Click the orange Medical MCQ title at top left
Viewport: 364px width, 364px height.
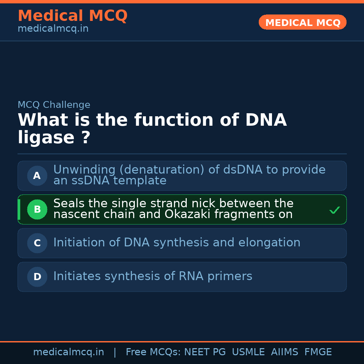tap(72, 16)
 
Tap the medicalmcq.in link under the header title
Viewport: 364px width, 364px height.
tap(53, 29)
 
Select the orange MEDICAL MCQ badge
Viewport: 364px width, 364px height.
tap(302, 22)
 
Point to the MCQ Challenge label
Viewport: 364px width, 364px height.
tap(54, 105)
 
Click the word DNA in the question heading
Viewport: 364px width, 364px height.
tap(266, 120)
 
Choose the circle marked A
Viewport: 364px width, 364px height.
tap(37, 176)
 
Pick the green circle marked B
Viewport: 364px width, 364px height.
tap(37, 209)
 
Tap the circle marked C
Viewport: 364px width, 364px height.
tap(37, 243)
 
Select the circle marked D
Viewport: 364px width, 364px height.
tap(37, 277)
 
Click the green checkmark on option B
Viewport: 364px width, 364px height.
tap(334, 210)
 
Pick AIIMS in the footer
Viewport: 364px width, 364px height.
tap(284, 352)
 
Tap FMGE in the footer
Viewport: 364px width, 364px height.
tap(318, 352)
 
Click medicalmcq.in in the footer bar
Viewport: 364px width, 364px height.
tap(68, 352)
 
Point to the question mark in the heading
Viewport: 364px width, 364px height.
tap(86, 138)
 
